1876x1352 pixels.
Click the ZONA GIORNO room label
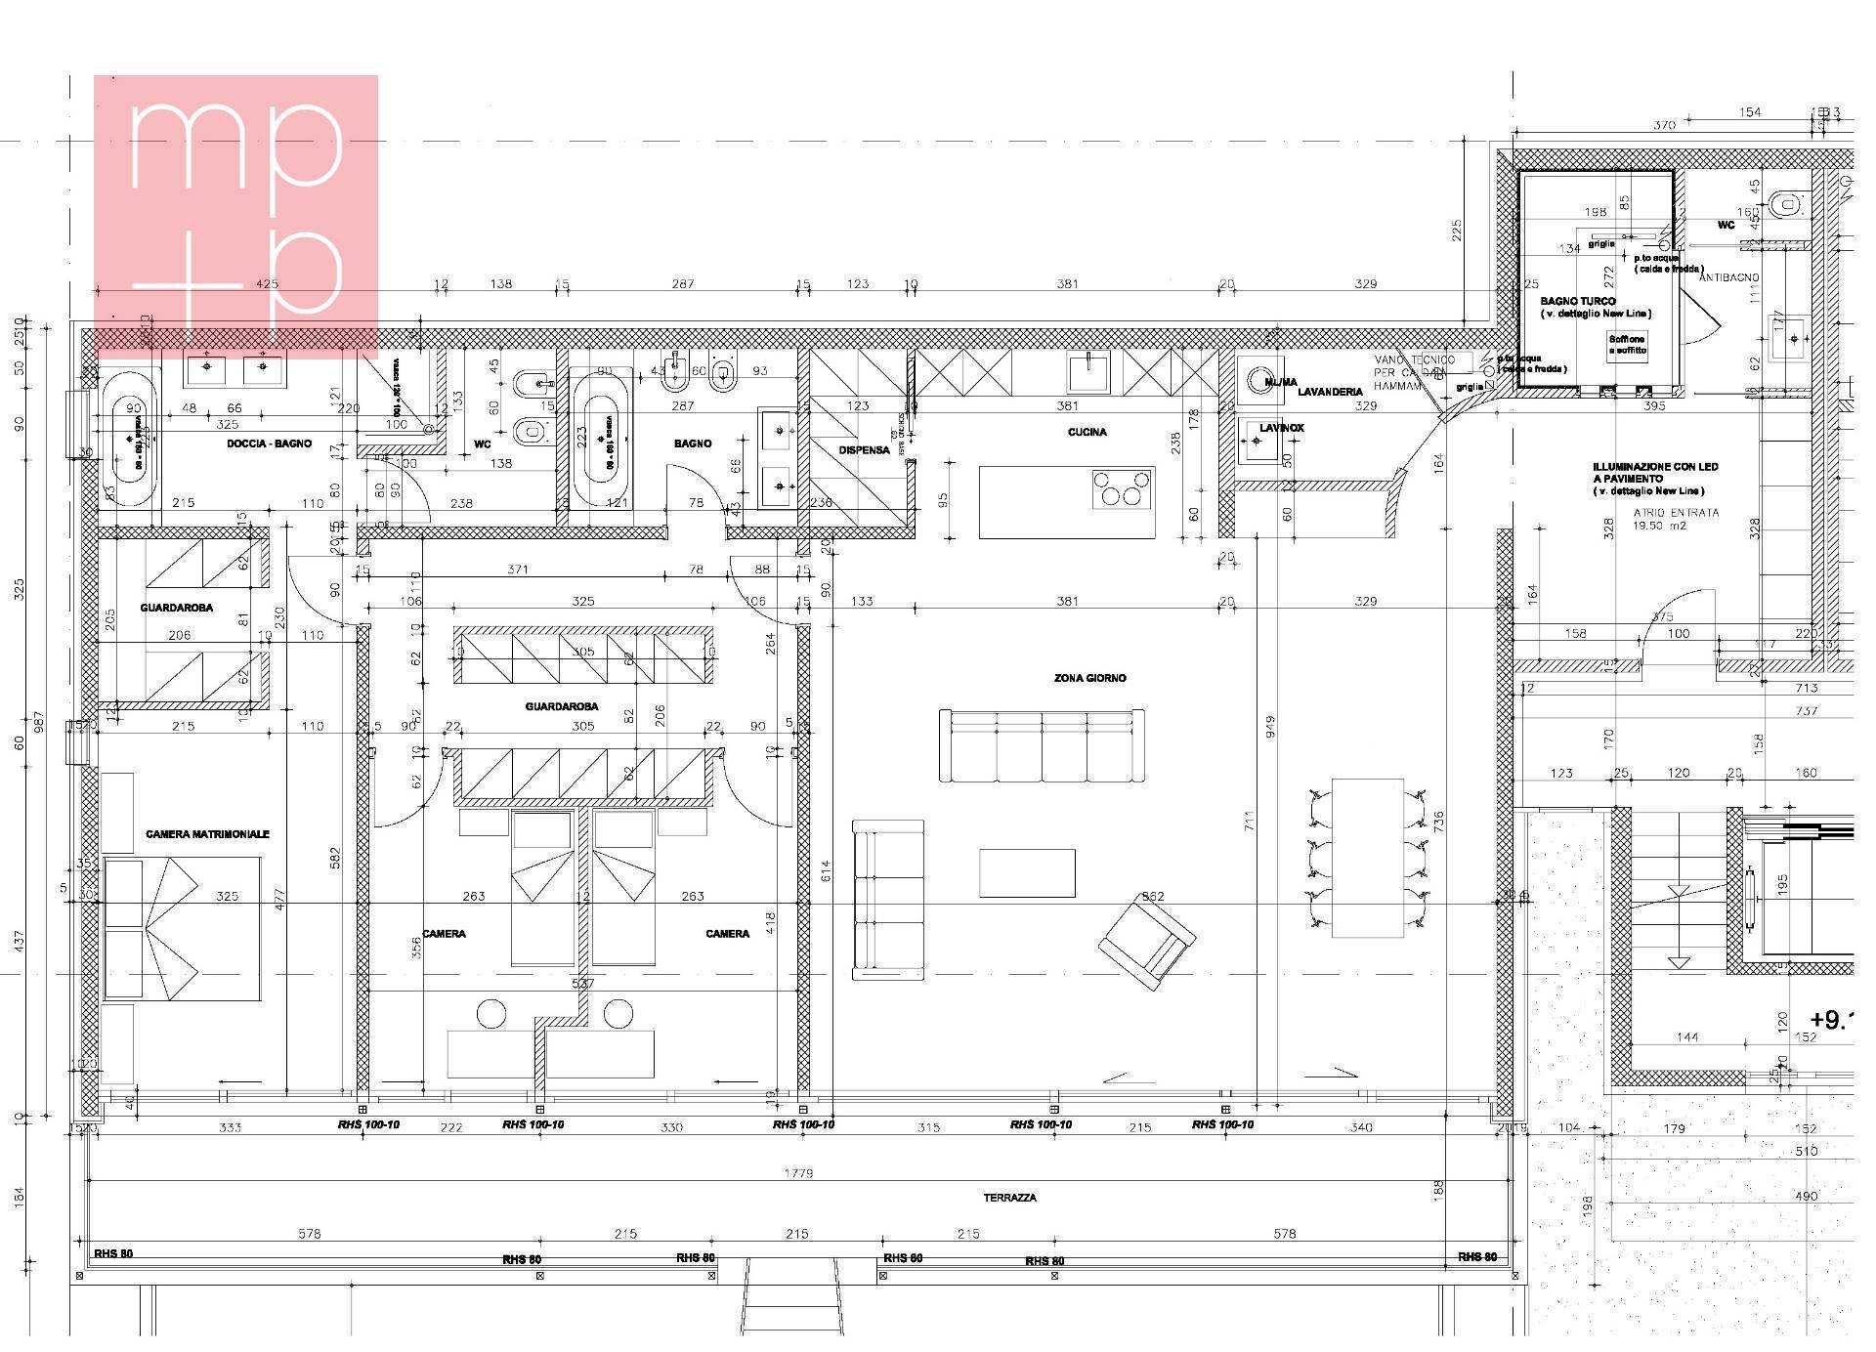(x=1089, y=678)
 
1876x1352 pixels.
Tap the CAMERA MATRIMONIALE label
(x=207, y=834)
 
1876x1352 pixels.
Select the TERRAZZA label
(x=1010, y=1198)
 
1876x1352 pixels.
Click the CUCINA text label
(x=1087, y=432)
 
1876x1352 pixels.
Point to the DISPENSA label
(x=864, y=450)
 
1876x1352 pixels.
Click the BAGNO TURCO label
(x=1578, y=301)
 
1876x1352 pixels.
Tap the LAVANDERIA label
(x=1330, y=392)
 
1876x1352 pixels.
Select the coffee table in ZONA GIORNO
(x=1027, y=872)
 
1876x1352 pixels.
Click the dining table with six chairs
(x=1367, y=857)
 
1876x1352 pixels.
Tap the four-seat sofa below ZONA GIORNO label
(x=1041, y=746)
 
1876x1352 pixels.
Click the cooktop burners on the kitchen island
(x=1121, y=487)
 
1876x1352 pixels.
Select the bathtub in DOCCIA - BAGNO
(x=129, y=439)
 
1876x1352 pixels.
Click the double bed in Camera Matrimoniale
(x=182, y=929)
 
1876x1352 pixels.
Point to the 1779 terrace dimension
(x=798, y=1173)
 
